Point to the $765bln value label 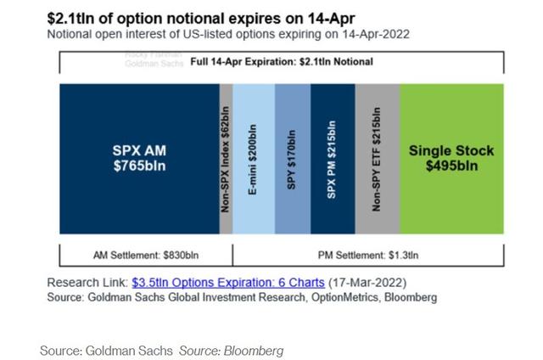138,166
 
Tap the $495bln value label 451,166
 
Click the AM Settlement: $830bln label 144,254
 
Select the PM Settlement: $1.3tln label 368,254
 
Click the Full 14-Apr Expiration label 281,61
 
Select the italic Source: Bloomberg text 231,350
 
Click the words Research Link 87,282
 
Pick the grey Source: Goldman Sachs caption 106,350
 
